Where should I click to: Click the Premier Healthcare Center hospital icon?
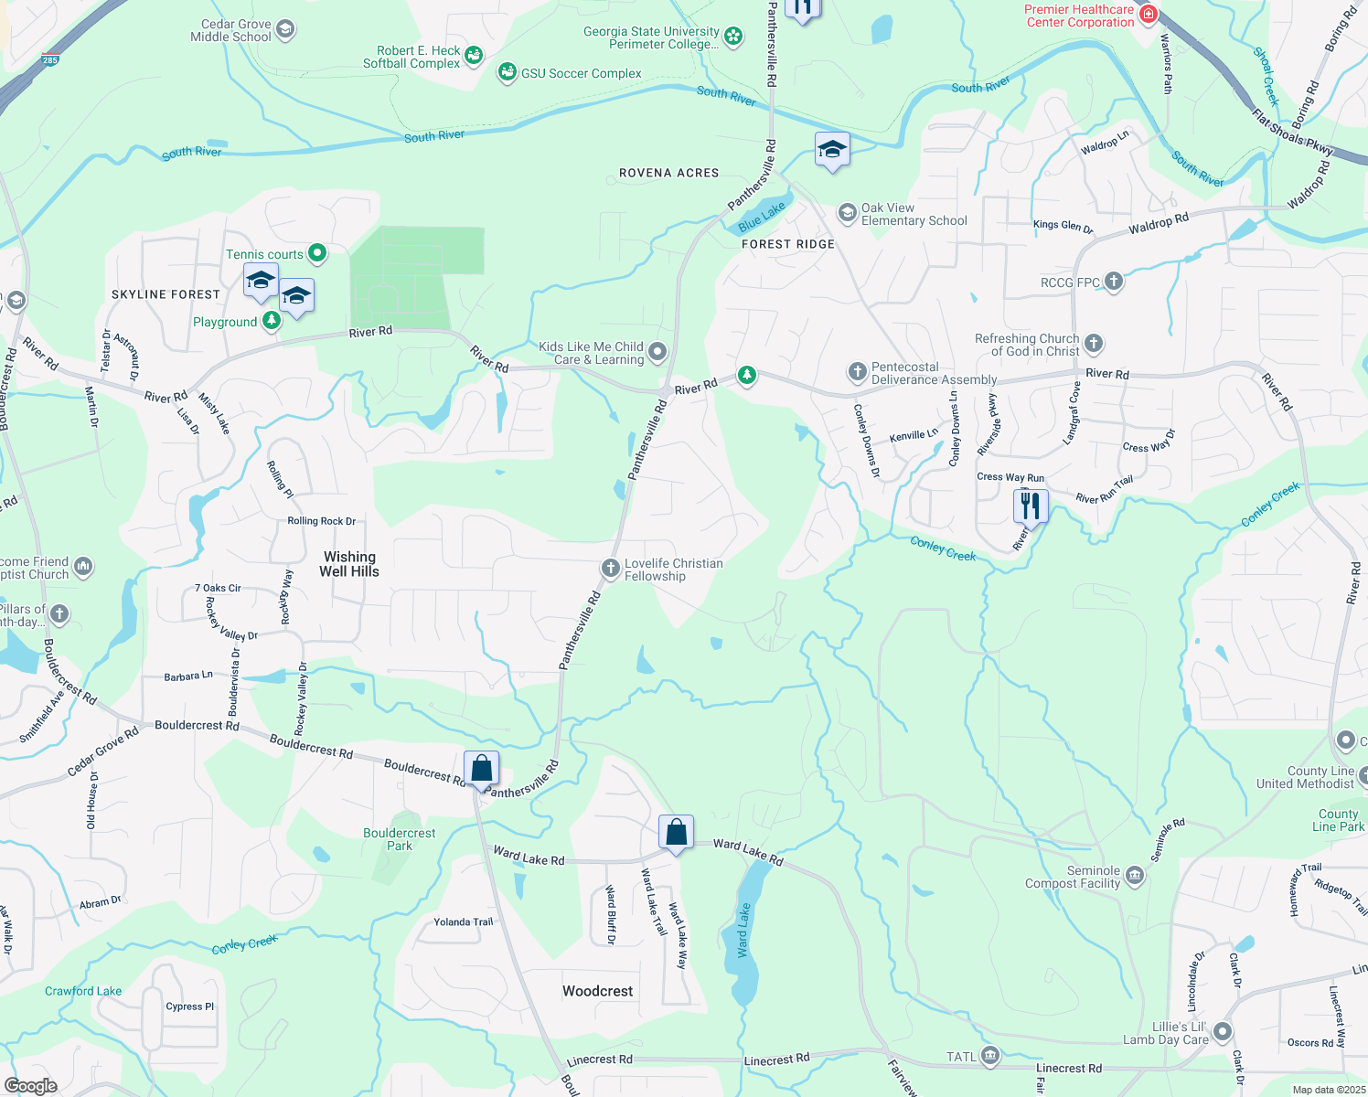[1149, 15]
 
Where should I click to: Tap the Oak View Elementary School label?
[914, 214]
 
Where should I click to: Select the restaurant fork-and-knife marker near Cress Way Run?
[1031, 506]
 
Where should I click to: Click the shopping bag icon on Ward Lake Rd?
[676, 834]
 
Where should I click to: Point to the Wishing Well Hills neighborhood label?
[349, 564]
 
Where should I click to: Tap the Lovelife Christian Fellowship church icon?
[610, 569]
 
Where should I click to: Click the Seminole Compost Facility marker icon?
[1134, 876]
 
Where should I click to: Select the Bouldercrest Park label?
[400, 839]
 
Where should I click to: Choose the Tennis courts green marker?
[316, 252]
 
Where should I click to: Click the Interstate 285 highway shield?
[49, 60]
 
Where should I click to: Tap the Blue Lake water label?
[762, 217]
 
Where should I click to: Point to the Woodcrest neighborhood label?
[598, 991]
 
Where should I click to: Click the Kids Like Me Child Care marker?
[657, 352]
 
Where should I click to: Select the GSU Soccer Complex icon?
[508, 72]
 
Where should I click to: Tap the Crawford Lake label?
[83, 991]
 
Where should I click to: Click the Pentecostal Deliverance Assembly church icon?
[857, 372]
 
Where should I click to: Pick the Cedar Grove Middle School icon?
[285, 30]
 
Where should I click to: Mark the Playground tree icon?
[272, 320]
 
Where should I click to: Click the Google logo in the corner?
[30, 1086]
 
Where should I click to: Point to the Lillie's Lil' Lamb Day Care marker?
[1223, 1032]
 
